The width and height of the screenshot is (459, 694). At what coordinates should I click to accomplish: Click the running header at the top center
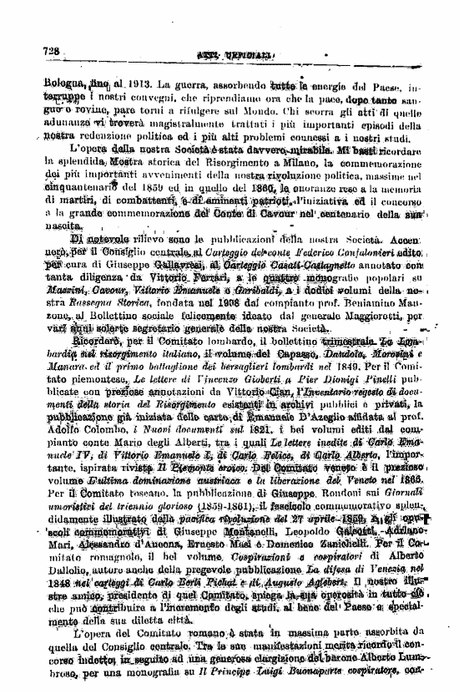click(x=225, y=54)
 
